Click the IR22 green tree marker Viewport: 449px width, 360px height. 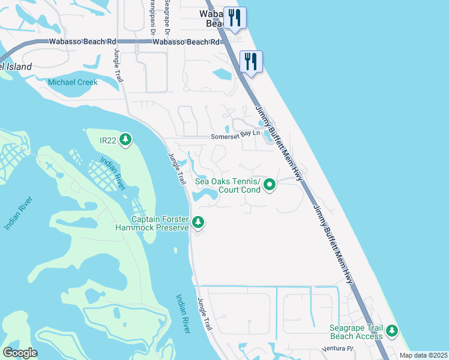point(125,140)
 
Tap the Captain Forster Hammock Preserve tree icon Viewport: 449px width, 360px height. point(198,223)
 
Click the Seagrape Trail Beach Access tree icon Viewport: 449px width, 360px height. point(392,330)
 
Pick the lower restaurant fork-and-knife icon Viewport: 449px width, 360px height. point(251,61)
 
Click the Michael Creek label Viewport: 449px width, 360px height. point(72,82)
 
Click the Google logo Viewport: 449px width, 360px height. point(20,353)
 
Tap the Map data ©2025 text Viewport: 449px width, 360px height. point(423,355)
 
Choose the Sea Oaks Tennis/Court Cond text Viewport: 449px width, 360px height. point(228,185)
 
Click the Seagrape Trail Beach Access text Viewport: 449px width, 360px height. point(356,332)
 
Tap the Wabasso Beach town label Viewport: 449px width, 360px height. point(215,17)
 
